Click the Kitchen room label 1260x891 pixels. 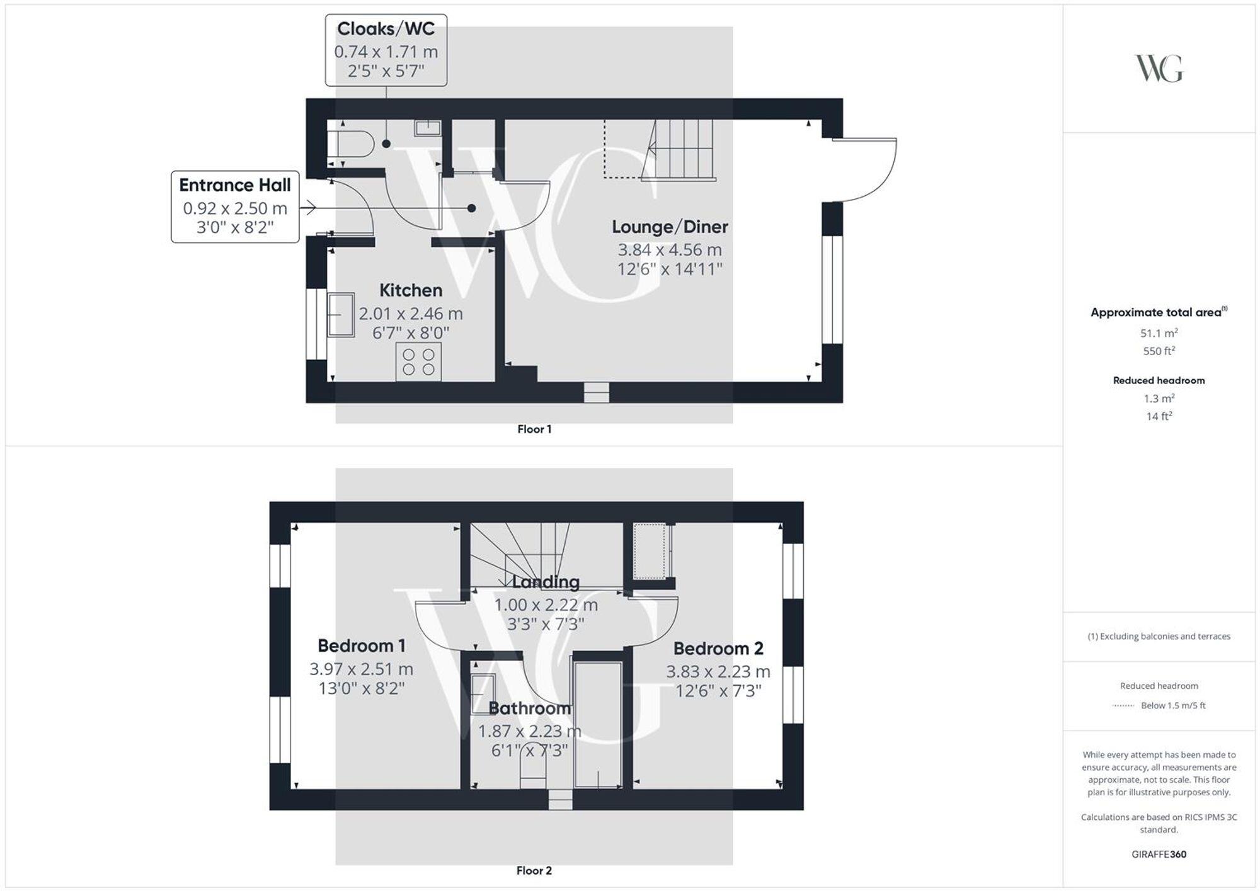411,290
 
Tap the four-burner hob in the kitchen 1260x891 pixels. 418,362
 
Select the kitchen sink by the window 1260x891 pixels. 340,315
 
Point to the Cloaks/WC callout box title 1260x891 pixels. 386,29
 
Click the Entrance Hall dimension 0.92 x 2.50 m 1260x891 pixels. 235,208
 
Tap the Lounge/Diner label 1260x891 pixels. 670,227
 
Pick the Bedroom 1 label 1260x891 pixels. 361,645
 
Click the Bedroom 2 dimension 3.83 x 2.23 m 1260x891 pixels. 718,671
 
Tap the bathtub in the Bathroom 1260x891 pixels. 598,724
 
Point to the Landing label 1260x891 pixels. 546,582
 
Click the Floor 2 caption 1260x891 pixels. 534,870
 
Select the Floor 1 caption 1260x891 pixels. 534,429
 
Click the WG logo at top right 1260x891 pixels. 1159,69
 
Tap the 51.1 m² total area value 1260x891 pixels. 1159,333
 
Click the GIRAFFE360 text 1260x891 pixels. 1159,854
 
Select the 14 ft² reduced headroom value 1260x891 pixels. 1159,416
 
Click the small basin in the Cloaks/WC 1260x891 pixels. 427,128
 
